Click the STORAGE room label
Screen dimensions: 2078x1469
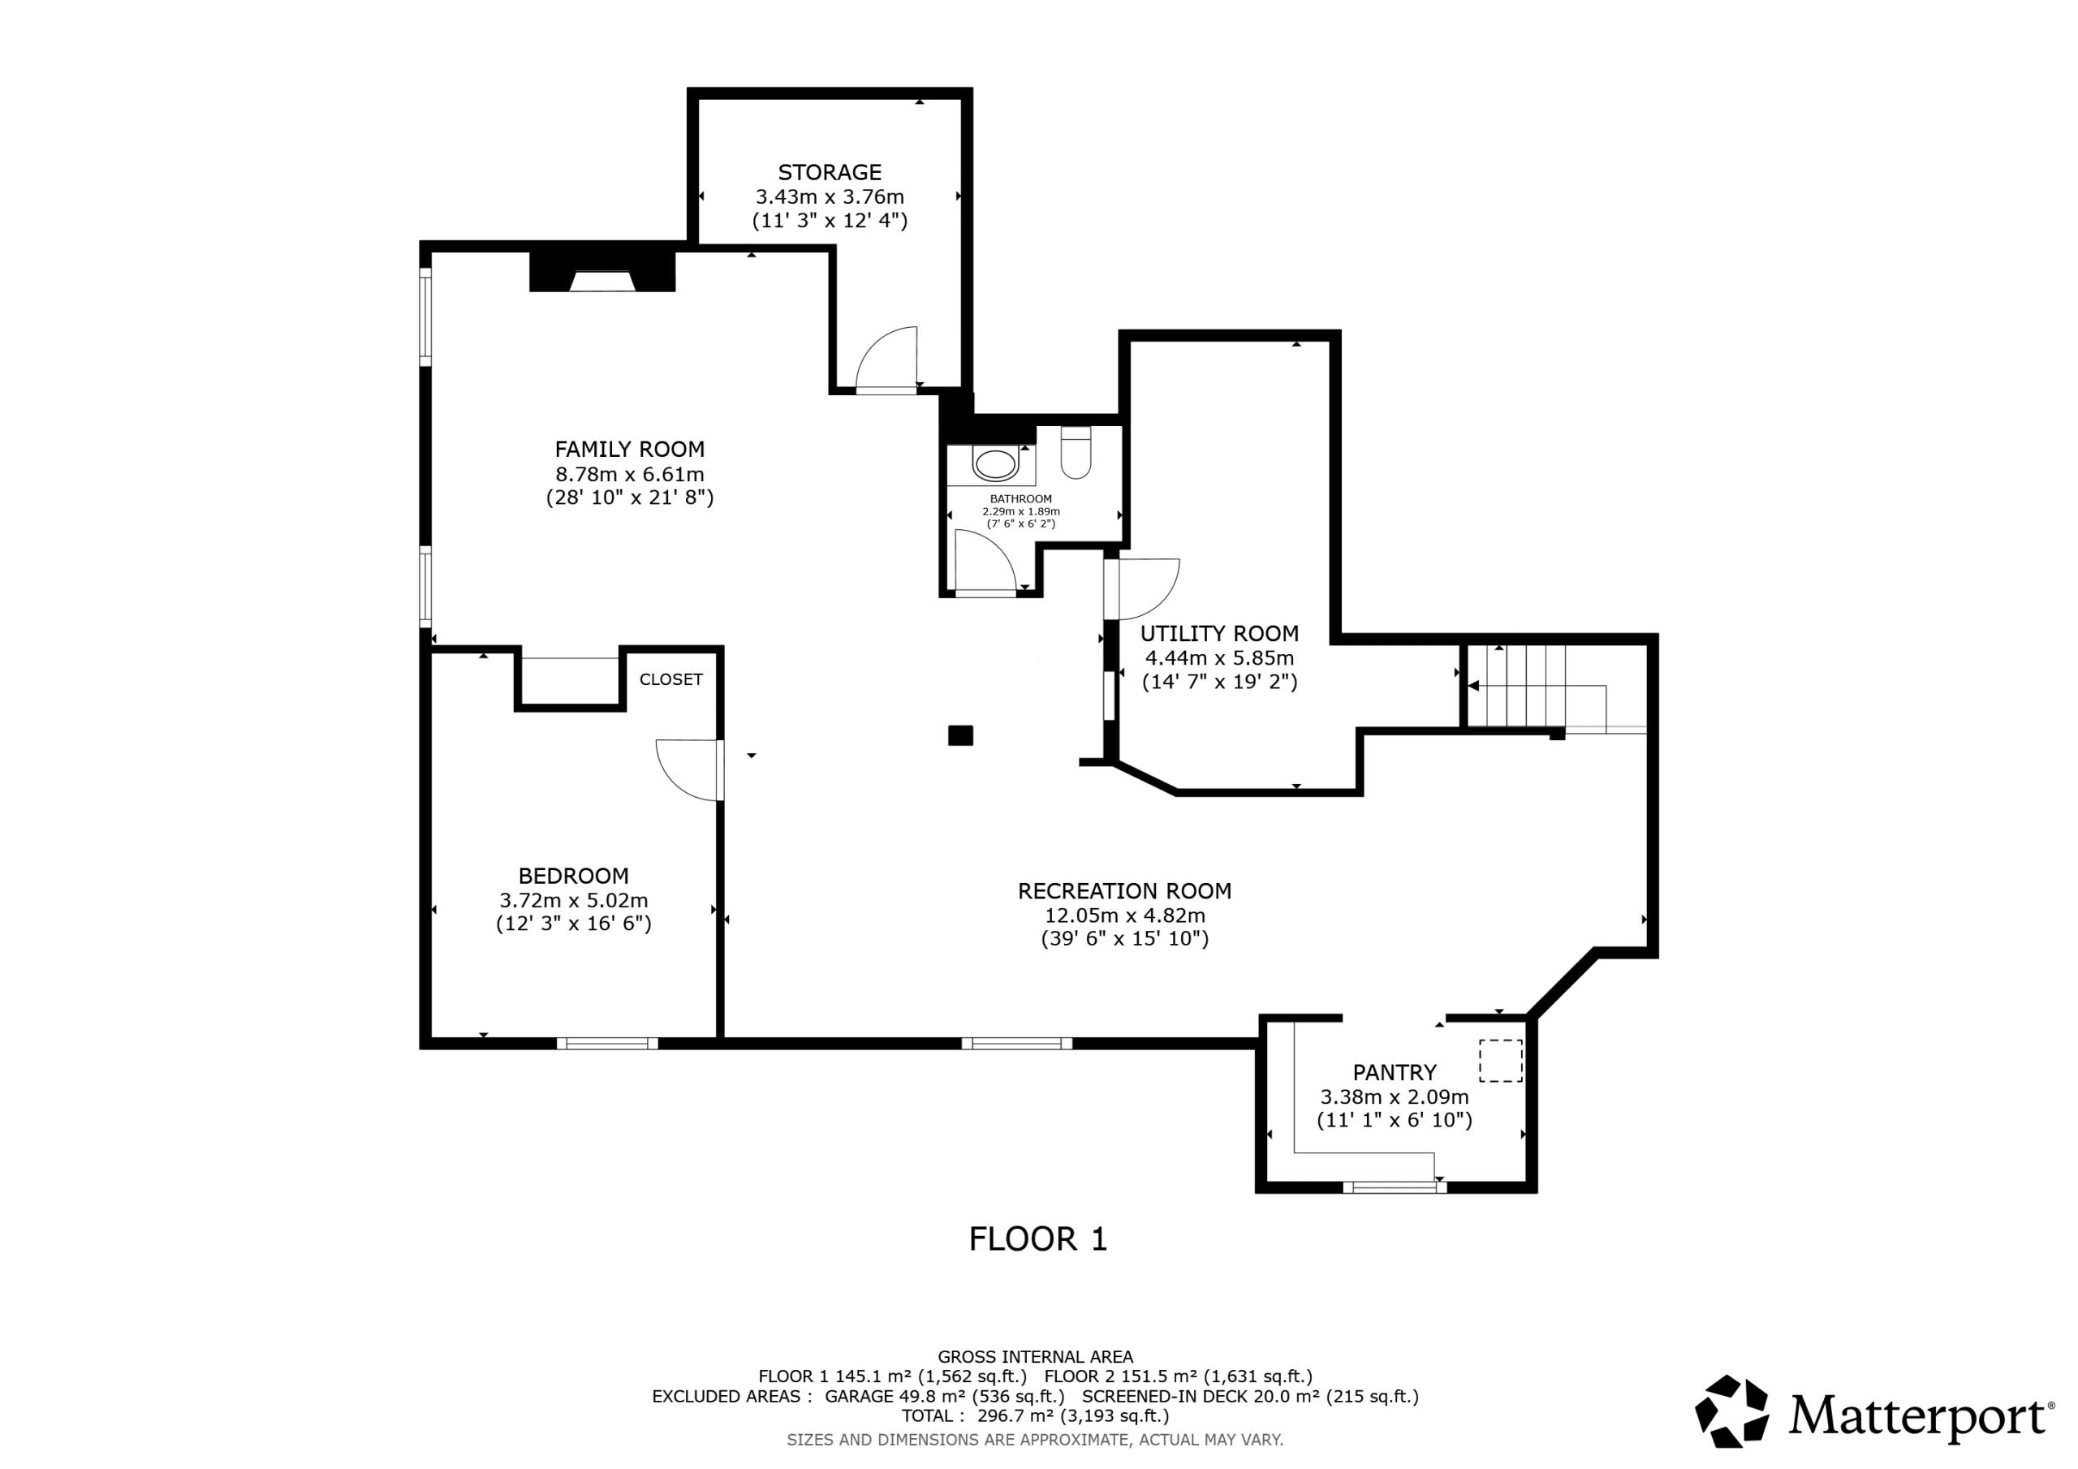point(829,172)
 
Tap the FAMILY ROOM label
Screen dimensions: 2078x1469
point(629,449)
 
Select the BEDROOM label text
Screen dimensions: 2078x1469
point(573,877)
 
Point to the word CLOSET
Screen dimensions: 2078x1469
point(670,680)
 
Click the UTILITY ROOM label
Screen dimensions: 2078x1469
point(1219,634)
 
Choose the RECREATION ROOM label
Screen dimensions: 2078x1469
point(1124,891)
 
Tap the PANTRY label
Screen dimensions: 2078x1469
point(1394,1073)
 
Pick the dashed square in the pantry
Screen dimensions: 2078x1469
point(1501,1061)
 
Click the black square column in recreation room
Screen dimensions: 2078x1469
point(960,736)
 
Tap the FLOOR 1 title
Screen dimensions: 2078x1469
point(1038,1239)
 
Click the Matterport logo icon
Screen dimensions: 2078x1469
point(1731,1411)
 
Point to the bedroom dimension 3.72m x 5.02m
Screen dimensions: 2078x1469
point(573,901)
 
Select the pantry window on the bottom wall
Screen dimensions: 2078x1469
point(1394,1187)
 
